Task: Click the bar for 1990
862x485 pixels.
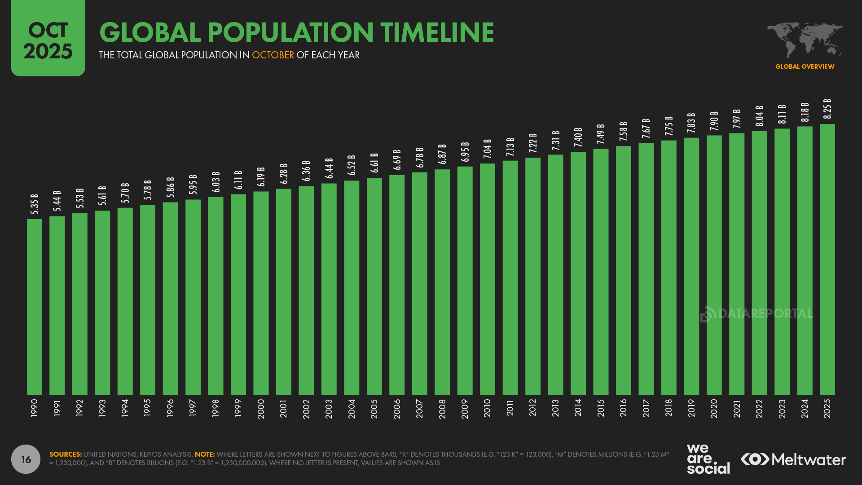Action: tap(35, 307)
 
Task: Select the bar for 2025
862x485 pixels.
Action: tap(827, 259)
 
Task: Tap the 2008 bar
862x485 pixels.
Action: tap(442, 282)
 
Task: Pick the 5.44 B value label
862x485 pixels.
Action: tap(57, 201)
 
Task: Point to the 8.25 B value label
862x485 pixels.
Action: tap(827, 109)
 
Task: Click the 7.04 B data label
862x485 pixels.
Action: tap(488, 149)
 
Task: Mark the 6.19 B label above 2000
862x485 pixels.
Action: tap(261, 176)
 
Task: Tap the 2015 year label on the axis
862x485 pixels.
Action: tap(601, 408)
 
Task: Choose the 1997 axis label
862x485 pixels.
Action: tap(193, 408)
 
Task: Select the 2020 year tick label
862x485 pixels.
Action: tap(714, 408)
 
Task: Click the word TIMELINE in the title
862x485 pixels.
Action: tap(437, 32)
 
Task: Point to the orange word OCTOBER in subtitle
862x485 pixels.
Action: tap(273, 55)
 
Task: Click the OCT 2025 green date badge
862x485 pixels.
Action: tap(48, 38)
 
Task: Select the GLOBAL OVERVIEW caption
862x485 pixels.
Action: tap(805, 66)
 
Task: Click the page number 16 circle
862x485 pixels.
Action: tap(26, 459)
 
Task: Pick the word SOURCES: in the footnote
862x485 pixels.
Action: tap(66, 454)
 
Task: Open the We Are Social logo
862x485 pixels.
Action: tap(708, 459)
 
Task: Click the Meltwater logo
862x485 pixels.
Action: tap(793, 459)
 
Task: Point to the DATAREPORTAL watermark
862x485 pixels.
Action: tap(756, 313)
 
